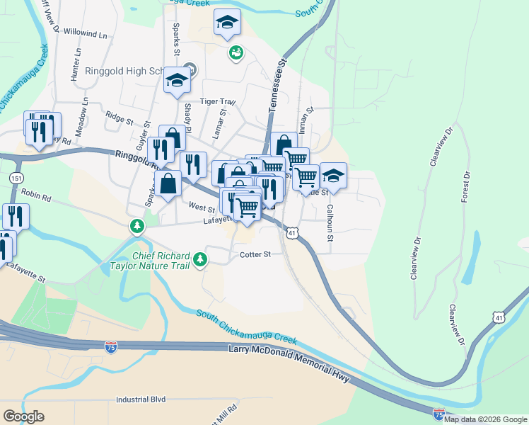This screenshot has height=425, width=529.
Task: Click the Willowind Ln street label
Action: click(84, 34)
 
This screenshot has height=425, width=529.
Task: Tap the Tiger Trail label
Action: click(216, 102)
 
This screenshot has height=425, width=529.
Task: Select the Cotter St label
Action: click(255, 254)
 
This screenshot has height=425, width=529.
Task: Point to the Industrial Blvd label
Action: click(140, 399)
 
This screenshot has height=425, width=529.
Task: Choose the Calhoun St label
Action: click(330, 222)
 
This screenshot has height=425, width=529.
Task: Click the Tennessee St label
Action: click(277, 84)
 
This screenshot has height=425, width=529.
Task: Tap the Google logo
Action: click(23, 416)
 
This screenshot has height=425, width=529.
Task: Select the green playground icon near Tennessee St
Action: click(235, 52)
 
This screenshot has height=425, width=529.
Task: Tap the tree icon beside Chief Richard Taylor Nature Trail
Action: click(202, 259)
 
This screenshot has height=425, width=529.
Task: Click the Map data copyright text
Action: click(485, 419)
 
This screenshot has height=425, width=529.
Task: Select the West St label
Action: click(202, 208)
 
